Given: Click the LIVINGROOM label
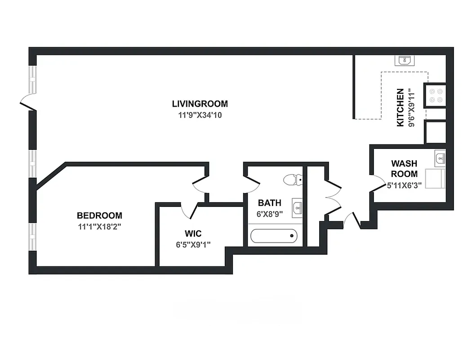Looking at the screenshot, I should (x=200, y=103).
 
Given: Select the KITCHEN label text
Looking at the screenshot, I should (x=400, y=107).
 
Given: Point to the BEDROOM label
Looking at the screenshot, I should (x=99, y=216).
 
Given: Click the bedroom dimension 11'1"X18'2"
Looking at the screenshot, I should (x=100, y=227).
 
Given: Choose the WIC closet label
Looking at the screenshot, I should (x=193, y=234).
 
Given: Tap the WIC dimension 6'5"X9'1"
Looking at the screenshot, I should (x=193, y=245).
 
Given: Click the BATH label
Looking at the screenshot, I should (x=269, y=203).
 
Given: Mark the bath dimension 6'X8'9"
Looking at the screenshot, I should (x=269, y=214).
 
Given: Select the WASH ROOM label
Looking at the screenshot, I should (x=404, y=168).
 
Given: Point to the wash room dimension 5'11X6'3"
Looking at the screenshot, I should (x=404, y=185).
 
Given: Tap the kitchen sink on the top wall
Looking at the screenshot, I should (x=405, y=60).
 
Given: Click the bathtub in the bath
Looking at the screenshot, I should (x=274, y=235).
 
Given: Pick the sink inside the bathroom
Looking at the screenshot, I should (x=297, y=207).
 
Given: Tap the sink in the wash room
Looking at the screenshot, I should (x=440, y=158).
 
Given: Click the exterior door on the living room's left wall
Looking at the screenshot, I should (x=28, y=102).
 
